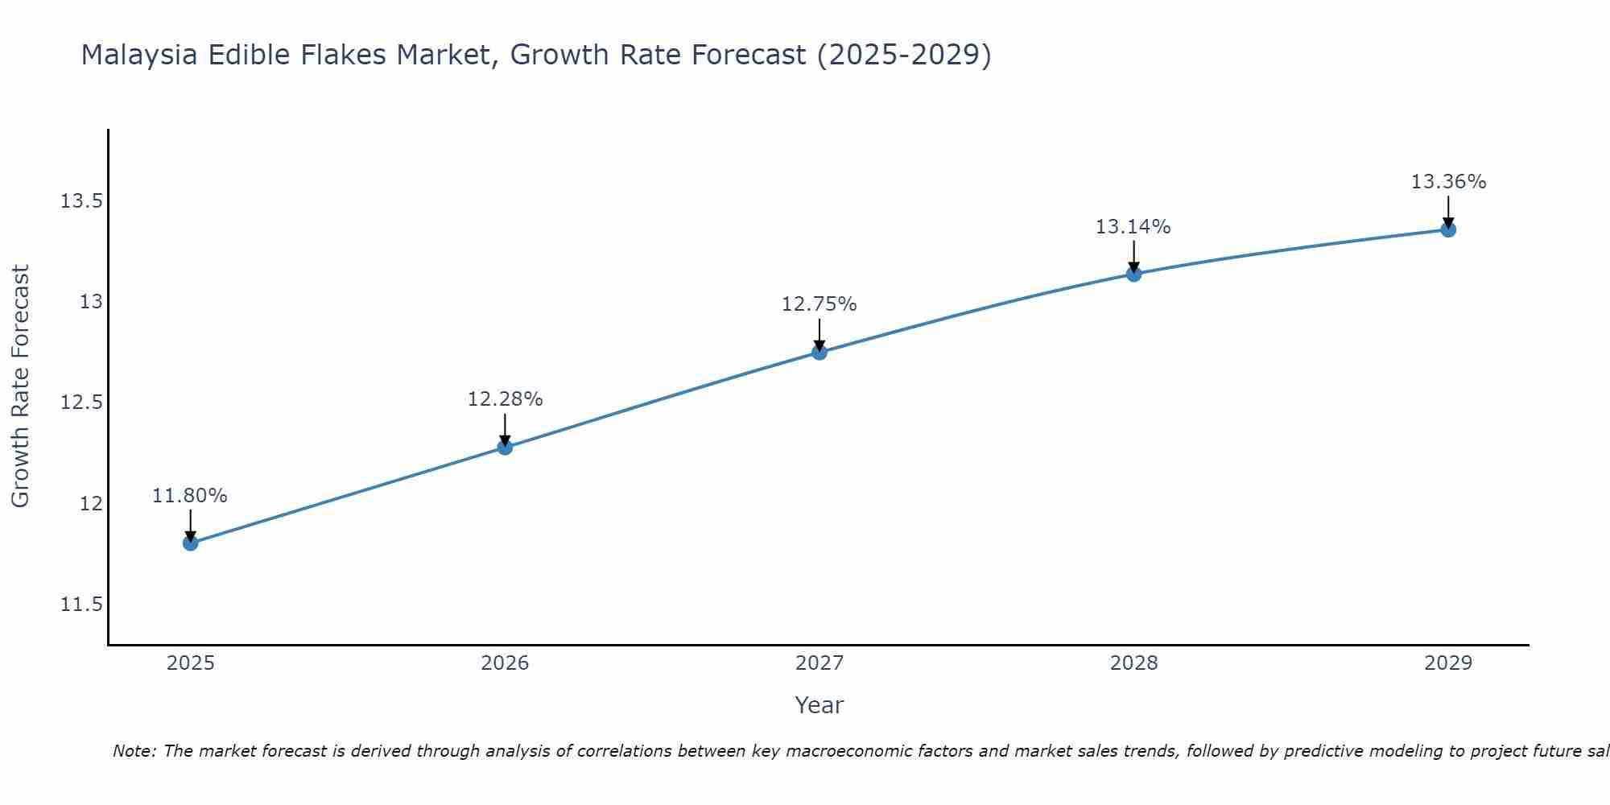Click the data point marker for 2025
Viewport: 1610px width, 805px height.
pyautogui.click(x=190, y=543)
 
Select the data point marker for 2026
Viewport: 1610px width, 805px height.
pyautogui.click(x=505, y=447)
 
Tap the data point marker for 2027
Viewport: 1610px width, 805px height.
pyautogui.click(x=819, y=352)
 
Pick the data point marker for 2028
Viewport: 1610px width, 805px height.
pyautogui.click(x=1133, y=274)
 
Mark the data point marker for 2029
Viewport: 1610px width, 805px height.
pyautogui.click(x=1448, y=229)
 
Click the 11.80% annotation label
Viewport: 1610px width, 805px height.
pyautogui.click(x=190, y=496)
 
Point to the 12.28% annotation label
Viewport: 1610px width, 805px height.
pyautogui.click(x=505, y=399)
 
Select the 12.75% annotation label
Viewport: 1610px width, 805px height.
pyautogui.click(x=819, y=304)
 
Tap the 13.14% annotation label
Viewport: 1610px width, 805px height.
pyautogui.click(x=1133, y=227)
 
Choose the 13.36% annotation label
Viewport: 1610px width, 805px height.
pyautogui.click(x=1448, y=182)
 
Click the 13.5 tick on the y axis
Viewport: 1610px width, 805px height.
pyautogui.click(x=81, y=201)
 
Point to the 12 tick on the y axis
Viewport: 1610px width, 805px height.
pyautogui.click(x=92, y=504)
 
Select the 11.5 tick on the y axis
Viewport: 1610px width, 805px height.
pyautogui.click(x=81, y=605)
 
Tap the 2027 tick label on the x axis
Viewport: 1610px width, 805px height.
pyautogui.click(x=819, y=663)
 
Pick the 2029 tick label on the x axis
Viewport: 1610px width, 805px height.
pyautogui.click(x=1448, y=663)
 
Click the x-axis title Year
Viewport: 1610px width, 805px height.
pyautogui.click(x=819, y=705)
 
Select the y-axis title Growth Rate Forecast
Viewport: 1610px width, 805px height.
pyautogui.click(x=21, y=386)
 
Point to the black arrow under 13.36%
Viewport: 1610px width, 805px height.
pyautogui.click(x=1448, y=213)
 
